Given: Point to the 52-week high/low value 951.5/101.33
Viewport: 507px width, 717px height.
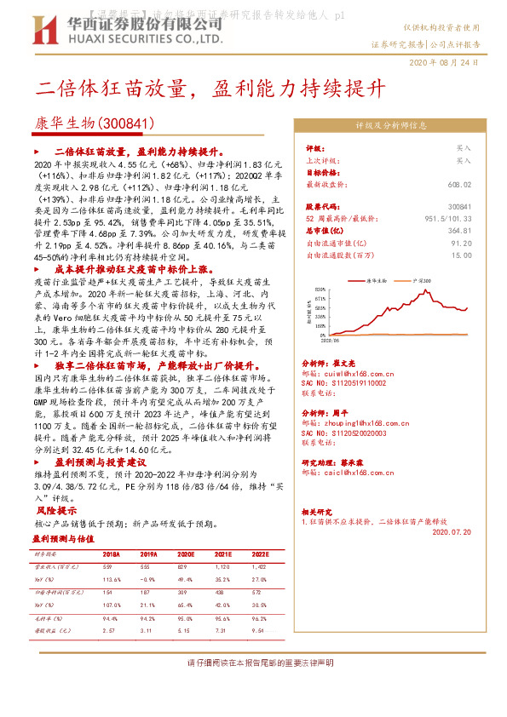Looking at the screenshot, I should [447, 218].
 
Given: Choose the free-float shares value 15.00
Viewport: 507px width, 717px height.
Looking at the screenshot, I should [461, 255].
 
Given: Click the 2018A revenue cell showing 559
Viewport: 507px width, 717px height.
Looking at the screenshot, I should [107, 567].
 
